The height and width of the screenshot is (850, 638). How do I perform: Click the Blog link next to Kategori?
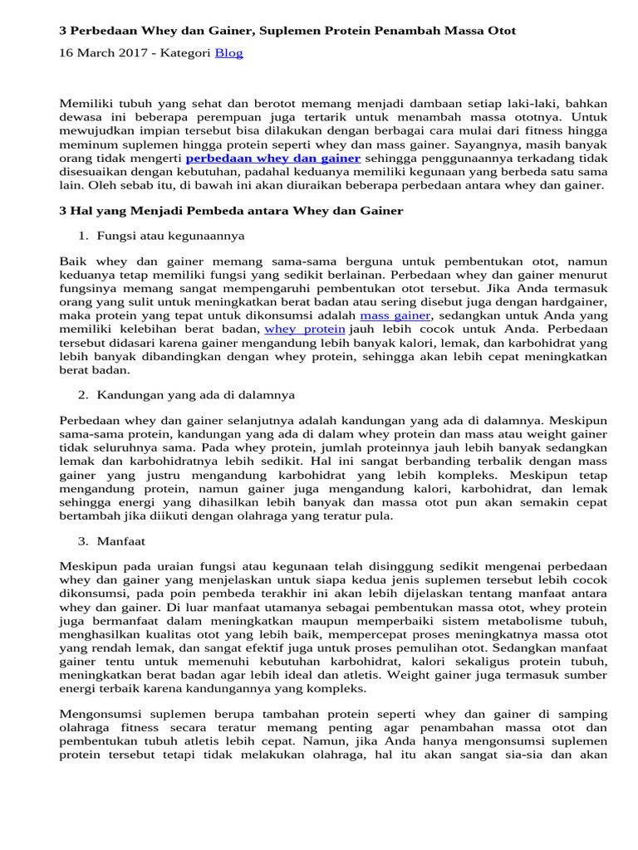228,53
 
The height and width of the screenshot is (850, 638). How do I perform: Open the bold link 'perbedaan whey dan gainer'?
272,158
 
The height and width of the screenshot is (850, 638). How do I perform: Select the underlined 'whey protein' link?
304,330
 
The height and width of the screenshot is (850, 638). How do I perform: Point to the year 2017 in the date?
125,53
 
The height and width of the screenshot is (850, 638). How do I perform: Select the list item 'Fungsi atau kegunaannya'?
170,236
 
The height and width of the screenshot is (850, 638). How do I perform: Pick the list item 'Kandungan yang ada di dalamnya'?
195,394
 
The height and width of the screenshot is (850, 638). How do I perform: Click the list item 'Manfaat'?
120,540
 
